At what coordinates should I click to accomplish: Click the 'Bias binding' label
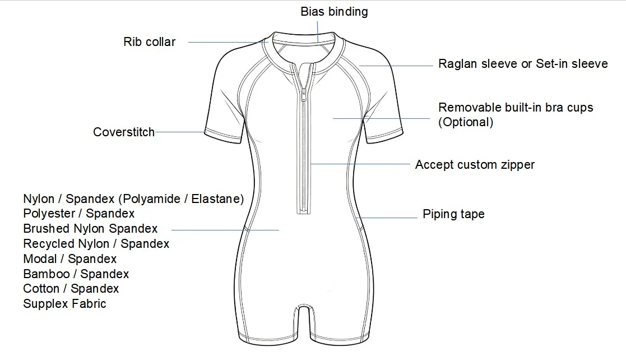[334, 12]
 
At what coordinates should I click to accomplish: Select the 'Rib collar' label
[149, 42]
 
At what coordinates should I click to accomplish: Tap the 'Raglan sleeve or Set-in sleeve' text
[523, 63]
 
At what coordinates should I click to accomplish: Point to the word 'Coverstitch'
[124, 132]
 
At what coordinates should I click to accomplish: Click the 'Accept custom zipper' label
[475, 165]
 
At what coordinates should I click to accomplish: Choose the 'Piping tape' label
[453, 214]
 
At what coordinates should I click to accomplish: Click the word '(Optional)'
[466, 122]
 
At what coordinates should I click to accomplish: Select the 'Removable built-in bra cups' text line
[516, 107]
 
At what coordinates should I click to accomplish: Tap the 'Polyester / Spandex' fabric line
[78, 213]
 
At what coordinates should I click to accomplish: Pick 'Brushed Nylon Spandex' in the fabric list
[90, 229]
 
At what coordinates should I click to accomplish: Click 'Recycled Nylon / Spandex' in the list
[96, 244]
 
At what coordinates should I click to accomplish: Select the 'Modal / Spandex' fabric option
[70, 259]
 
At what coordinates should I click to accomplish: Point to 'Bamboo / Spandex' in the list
[76, 274]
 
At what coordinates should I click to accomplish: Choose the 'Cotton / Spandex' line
[71, 288]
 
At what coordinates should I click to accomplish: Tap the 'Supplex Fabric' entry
[64, 304]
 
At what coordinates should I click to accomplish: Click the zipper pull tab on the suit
[304, 96]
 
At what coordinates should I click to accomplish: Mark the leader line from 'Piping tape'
[387, 218]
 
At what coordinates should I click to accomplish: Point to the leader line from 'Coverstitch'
[180, 132]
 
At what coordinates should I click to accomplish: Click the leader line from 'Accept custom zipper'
[360, 164]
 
